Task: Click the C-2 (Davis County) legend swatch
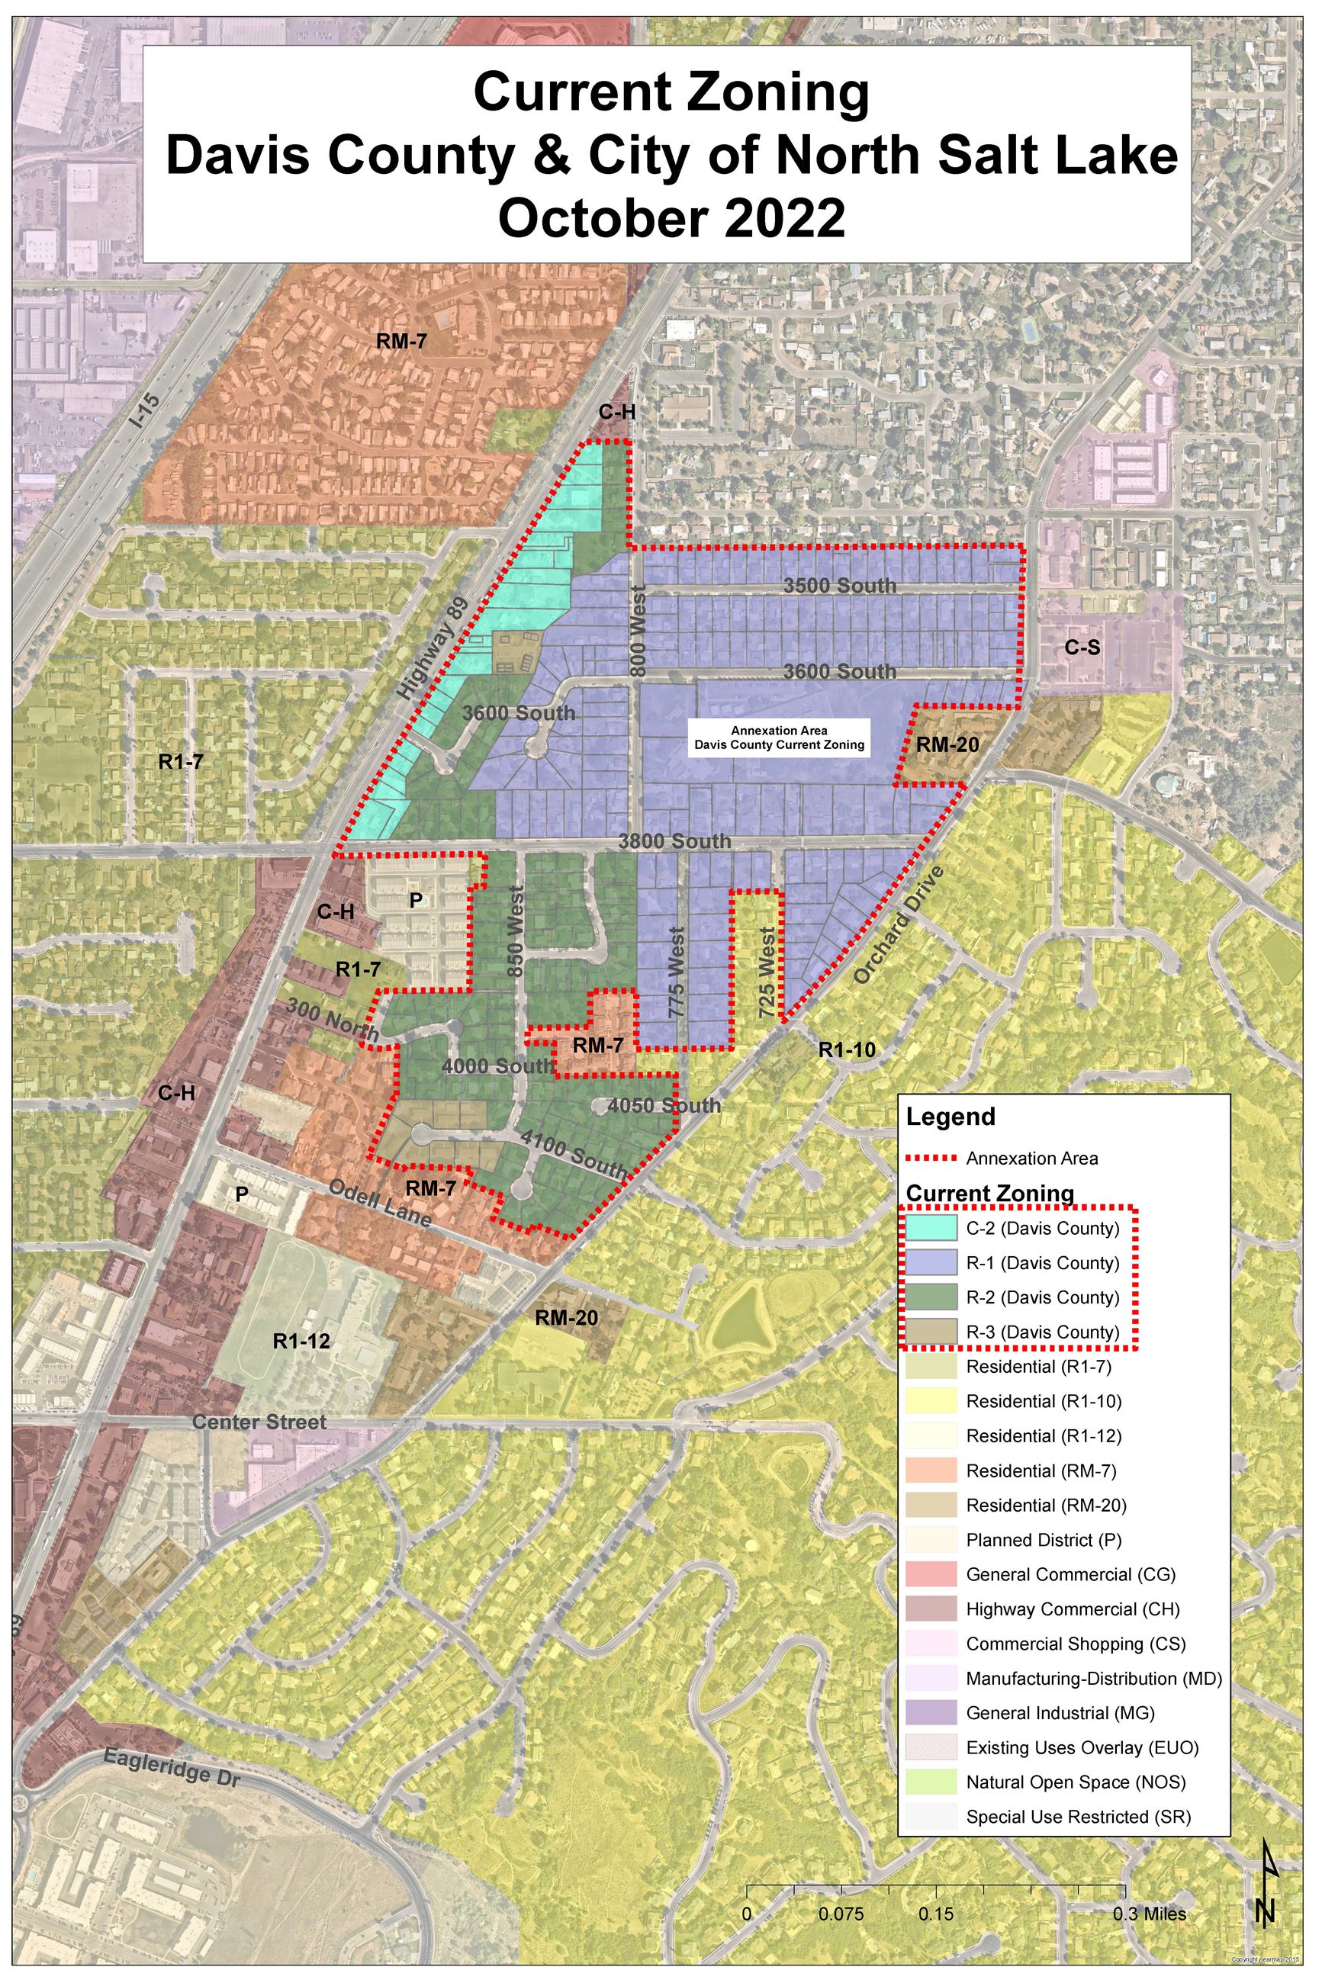[931, 1228]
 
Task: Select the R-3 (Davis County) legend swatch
[931, 1332]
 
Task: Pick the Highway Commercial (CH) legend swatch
[931, 1609]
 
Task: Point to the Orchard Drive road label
[896, 924]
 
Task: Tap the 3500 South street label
[840, 586]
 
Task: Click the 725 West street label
[767, 972]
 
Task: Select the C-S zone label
[1082, 648]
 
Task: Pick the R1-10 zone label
[848, 1050]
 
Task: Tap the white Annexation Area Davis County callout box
[778, 738]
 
